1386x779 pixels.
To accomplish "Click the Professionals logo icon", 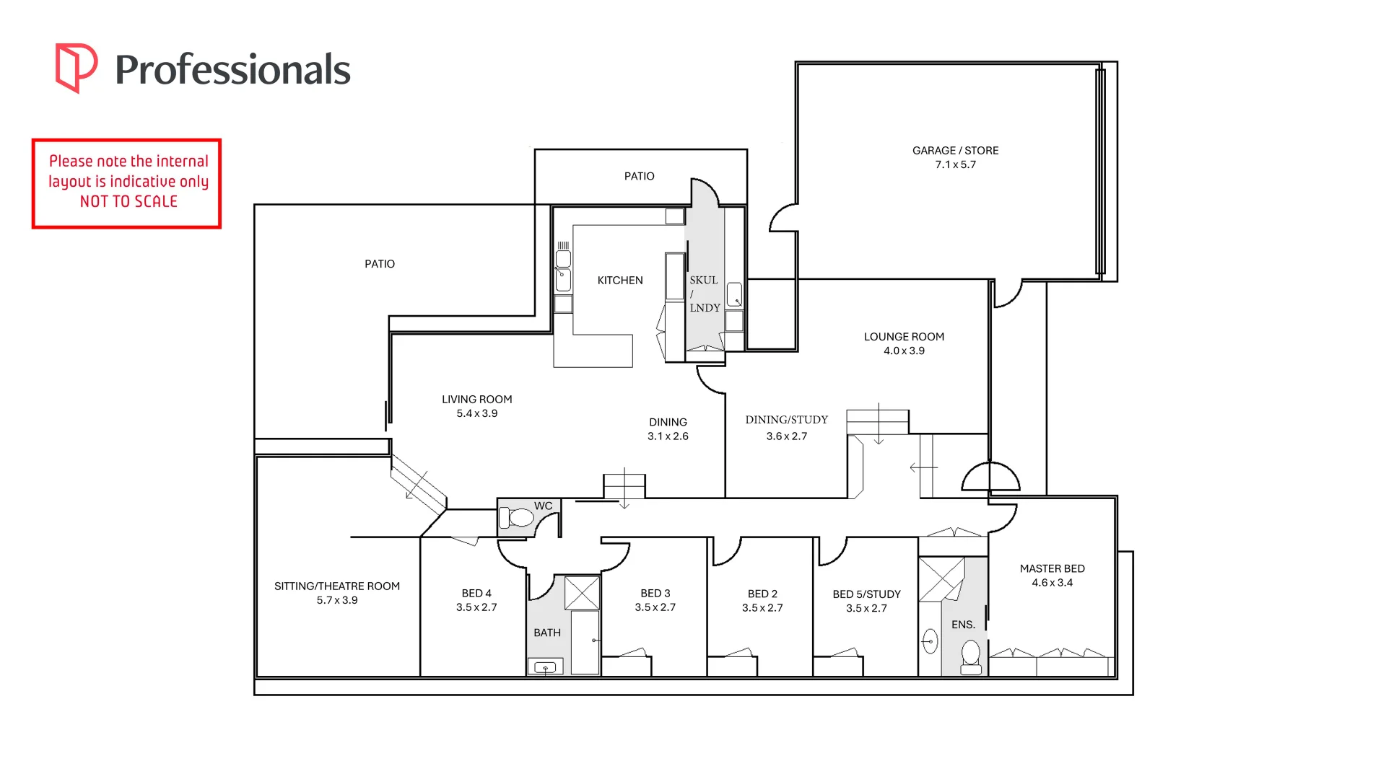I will (76, 68).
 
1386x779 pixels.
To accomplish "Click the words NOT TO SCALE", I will (128, 202).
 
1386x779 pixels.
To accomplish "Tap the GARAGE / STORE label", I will (955, 151).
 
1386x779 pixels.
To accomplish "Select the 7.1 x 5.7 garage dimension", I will (955, 164).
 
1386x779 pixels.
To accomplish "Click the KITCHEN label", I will (619, 281).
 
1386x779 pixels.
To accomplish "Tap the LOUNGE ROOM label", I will (904, 337).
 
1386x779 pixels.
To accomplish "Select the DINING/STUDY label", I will (786, 420).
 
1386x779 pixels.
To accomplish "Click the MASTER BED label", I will (1052, 568).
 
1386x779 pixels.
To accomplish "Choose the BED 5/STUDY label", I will (866, 594).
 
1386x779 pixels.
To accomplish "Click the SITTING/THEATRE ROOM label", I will (336, 586).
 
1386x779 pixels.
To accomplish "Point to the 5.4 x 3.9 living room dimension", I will (476, 413).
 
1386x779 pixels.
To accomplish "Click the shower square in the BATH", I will (582, 593).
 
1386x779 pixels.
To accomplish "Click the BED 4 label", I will (476, 593).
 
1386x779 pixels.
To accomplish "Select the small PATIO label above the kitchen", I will (639, 176).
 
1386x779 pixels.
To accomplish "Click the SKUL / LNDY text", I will (704, 294).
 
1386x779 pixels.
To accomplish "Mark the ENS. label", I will (963, 625).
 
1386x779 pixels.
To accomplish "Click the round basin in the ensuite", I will (930, 641).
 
